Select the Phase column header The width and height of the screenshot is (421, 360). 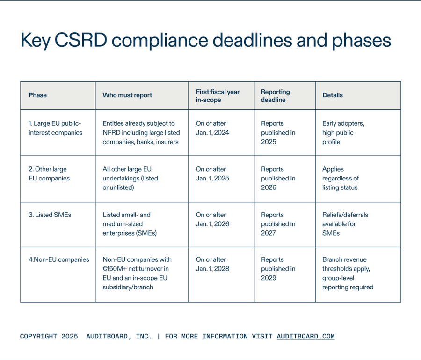pos(38,95)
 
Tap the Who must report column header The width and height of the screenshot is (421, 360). pos(127,95)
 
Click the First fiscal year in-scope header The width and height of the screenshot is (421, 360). pos(218,95)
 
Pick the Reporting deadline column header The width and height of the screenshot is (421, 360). pos(276,95)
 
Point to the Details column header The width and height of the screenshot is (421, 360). pos(333,95)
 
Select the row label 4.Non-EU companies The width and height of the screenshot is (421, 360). pos(58,259)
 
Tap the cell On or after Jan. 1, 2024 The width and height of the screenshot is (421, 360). pos(212,128)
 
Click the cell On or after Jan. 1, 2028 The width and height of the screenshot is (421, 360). pos(212,264)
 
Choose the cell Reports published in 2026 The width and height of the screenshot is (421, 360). pos(278,178)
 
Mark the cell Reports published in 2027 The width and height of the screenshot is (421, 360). pos(278,224)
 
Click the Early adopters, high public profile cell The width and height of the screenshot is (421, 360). pos(343,133)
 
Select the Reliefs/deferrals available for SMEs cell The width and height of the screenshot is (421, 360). pos(345,224)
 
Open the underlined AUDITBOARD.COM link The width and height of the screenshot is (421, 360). pos(305,337)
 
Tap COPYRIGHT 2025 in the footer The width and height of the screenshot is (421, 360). pos(49,337)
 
